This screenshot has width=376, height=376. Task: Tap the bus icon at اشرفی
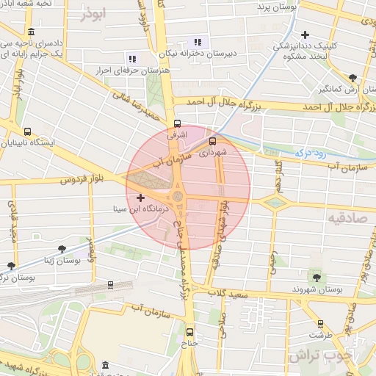tap(176, 123)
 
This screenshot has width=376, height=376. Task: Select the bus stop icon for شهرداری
tap(213, 141)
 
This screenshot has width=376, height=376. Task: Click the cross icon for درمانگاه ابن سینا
tap(141, 198)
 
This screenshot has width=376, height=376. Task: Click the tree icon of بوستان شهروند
tap(317, 277)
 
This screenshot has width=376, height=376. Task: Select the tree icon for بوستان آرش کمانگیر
tap(352, 77)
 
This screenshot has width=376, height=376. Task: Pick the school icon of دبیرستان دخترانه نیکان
tap(197, 41)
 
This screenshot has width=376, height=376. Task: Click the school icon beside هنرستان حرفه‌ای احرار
tap(133, 58)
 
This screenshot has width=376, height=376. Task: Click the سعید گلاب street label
tap(230, 294)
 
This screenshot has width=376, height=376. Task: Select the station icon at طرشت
tap(319, 323)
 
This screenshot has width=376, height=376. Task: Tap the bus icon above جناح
tap(190, 331)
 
